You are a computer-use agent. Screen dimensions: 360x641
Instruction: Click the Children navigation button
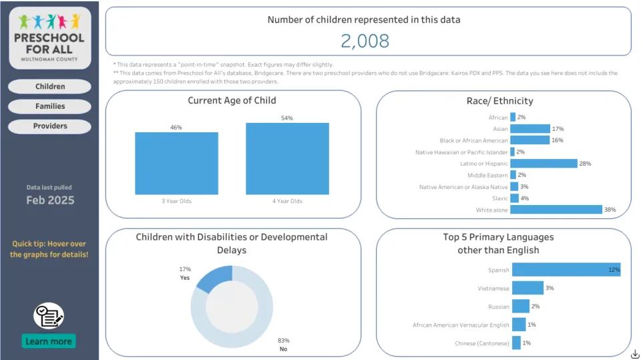pos(50,86)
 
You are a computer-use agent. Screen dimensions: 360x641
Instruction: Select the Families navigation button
pos(50,106)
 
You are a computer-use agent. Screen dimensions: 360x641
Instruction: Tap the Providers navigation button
pos(50,126)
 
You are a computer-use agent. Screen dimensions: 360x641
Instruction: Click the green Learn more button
pos(49,341)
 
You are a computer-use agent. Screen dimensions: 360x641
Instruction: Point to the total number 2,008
pos(365,41)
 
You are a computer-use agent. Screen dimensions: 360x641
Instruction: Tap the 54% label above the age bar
pos(287,118)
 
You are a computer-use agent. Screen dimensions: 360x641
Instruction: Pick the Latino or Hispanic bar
pos(544,164)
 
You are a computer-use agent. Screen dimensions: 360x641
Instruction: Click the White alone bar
pos(556,210)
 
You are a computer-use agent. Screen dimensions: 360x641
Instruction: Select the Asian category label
pos(500,129)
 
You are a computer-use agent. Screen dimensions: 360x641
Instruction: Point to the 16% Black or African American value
pos(558,140)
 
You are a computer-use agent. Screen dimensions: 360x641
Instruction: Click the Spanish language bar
pos(566,270)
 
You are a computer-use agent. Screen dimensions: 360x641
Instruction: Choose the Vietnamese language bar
pos(527,288)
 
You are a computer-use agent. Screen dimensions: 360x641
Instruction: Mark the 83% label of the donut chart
pos(283,340)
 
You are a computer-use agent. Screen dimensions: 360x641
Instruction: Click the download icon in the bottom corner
pos(634,353)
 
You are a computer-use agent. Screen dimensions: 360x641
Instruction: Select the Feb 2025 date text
pos(50,200)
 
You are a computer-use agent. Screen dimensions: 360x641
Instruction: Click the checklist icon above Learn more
pos(49,316)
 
